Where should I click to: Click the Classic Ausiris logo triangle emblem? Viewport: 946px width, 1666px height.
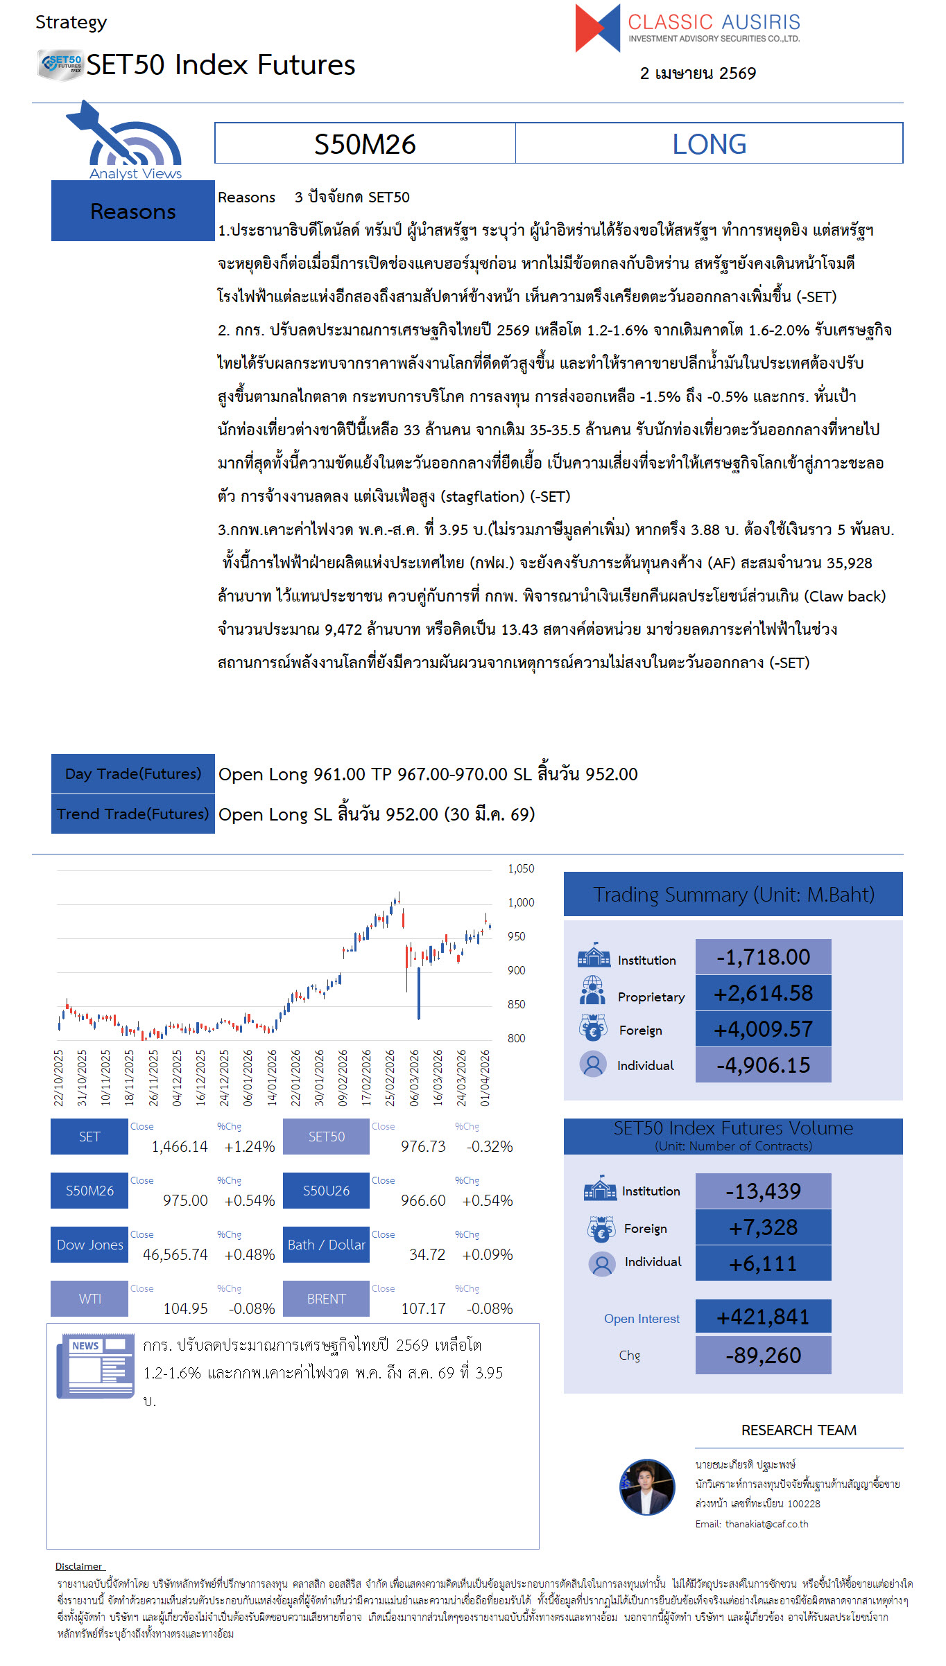pos(597,28)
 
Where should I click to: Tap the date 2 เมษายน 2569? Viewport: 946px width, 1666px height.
pos(698,73)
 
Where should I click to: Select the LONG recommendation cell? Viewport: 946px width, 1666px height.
pos(709,144)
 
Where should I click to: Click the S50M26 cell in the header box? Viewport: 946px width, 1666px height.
pos(365,144)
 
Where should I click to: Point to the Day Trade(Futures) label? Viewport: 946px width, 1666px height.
pos(133,774)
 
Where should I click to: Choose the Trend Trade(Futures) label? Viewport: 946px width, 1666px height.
pos(133,814)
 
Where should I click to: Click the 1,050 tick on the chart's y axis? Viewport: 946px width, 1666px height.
pos(521,869)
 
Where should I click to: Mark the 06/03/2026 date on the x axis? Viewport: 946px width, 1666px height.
pos(414,1078)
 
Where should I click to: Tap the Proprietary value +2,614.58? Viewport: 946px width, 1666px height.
pos(763,994)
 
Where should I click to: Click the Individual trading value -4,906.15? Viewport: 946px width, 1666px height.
pos(763,1065)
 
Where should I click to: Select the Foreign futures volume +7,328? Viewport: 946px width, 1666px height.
pos(763,1228)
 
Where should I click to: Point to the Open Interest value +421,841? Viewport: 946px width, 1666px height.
pos(763,1317)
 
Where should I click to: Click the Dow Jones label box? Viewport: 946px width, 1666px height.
pos(90,1245)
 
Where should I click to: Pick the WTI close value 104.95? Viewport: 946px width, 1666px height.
pos(185,1308)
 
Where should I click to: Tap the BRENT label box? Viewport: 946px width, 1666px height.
pos(326,1299)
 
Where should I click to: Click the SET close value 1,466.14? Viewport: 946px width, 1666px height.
pos(180,1147)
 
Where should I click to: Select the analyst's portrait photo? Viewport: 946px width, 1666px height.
pos(647,1487)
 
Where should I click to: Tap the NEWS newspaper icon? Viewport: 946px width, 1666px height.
pos(96,1365)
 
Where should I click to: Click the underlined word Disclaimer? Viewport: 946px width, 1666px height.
pos(79,1566)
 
